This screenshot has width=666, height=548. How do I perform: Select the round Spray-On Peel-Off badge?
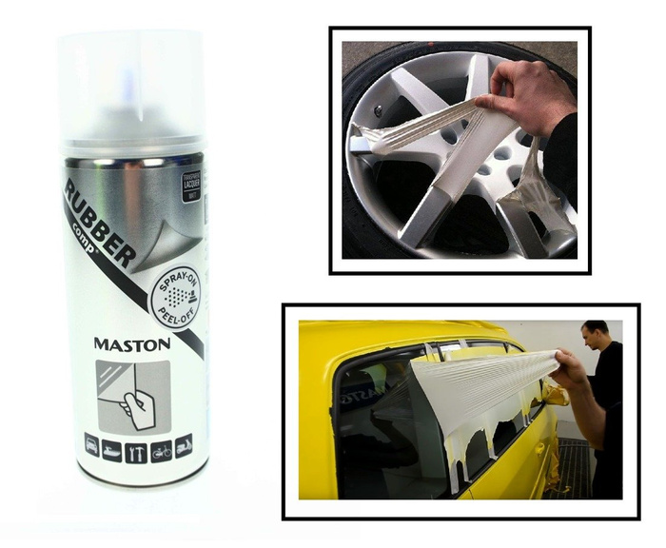[176, 294]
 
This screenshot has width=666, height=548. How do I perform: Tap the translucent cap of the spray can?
[131, 86]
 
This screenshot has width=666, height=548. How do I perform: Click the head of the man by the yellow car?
[595, 338]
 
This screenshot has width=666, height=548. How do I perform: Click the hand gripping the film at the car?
[568, 371]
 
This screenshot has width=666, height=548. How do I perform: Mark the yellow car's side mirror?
[557, 395]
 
